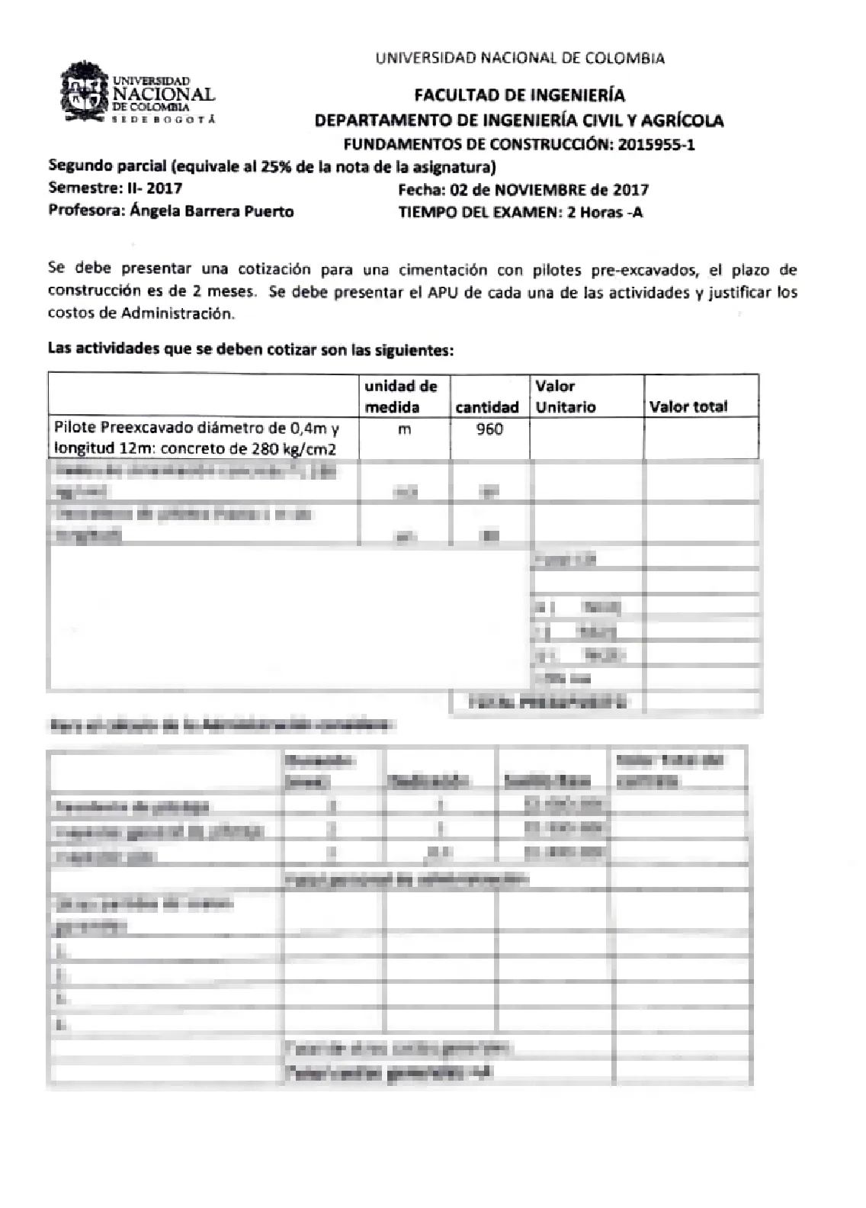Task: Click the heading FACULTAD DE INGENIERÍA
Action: (x=519, y=95)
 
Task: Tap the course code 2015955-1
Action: (x=656, y=144)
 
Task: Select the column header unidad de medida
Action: (x=402, y=396)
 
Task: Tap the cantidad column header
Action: (x=487, y=407)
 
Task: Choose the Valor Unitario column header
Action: (x=565, y=396)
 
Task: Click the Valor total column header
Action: (x=688, y=406)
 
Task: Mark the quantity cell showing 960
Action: (x=489, y=429)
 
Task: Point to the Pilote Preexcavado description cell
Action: (x=197, y=439)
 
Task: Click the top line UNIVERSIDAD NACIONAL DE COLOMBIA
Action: (x=520, y=58)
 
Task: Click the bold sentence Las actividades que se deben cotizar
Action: (x=251, y=350)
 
